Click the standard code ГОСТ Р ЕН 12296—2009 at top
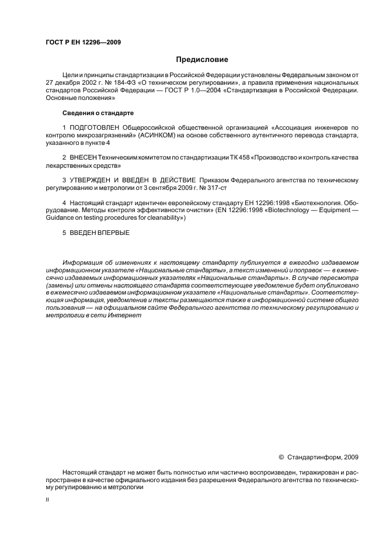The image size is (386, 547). point(83,41)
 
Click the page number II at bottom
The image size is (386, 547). point(47,501)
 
